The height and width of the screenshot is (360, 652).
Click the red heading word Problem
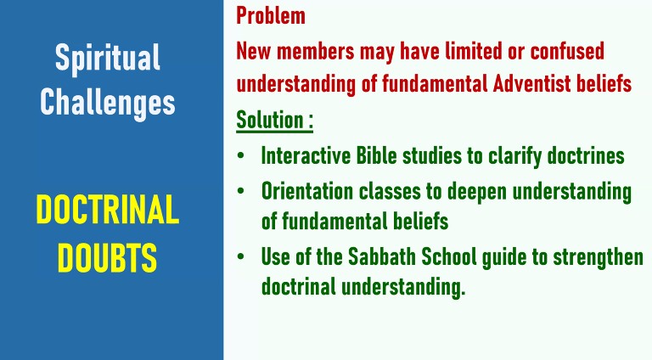coord(271,16)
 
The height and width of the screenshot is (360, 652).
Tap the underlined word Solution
coord(270,120)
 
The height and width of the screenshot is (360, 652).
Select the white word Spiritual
coord(108,59)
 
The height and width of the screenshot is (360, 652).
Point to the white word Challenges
coord(108,103)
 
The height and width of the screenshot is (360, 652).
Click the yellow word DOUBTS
coord(107,258)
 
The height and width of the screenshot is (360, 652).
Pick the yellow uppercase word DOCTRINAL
coord(108,210)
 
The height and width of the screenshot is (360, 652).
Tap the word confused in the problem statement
coord(567,51)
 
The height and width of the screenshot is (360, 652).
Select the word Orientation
coord(307,192)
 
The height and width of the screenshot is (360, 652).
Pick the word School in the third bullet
coord(448,256)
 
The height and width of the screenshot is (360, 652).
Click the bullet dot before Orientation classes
coord(240,192)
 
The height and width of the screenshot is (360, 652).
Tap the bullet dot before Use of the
coord(240,256)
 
